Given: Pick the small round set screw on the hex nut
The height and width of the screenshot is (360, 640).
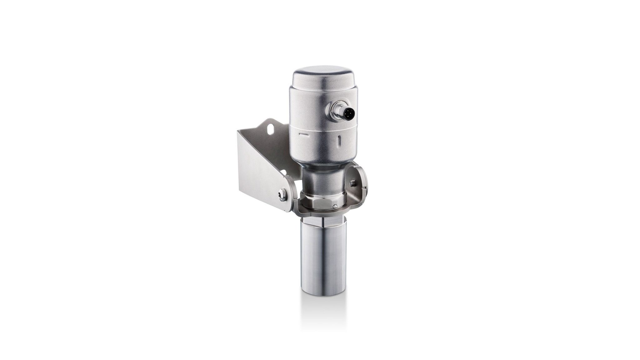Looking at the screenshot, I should tap(335, 206).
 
